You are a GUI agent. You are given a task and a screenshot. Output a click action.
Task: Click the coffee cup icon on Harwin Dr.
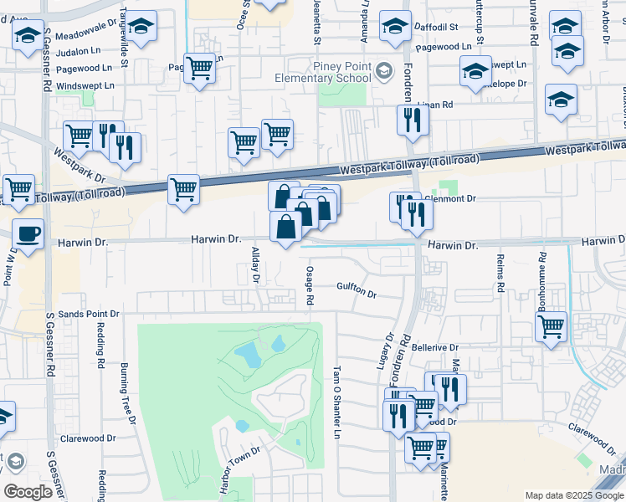pyautogui.click(x=27, y=234)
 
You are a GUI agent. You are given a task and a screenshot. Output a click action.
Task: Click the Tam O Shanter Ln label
pyautogui.click(x=338, y=402)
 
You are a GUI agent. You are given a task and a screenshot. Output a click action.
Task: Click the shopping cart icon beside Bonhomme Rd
pyautogui.click(x=551, y=327)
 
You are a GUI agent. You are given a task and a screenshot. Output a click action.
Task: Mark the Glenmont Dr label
pyautogui.click(x=453, y=199)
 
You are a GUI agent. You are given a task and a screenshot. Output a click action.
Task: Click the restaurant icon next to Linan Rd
pyautogui.click(x=413, y=120)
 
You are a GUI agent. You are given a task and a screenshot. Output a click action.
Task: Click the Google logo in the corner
pyautogui.click(x=28, y=491)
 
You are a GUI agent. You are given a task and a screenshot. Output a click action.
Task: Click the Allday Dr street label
pyautogui.click(x=257, y=264)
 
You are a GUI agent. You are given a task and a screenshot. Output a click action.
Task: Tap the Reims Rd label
pyautogui.click(x=500, y=273)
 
